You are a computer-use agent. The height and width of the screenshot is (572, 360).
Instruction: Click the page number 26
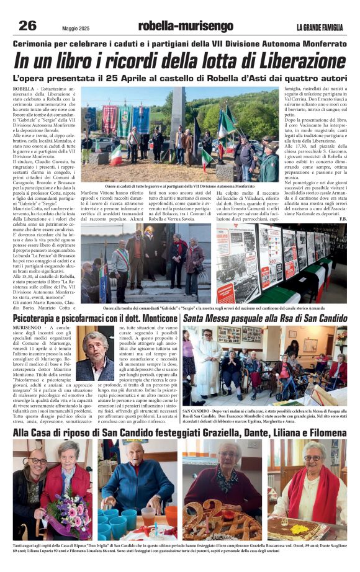coord(27,25)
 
